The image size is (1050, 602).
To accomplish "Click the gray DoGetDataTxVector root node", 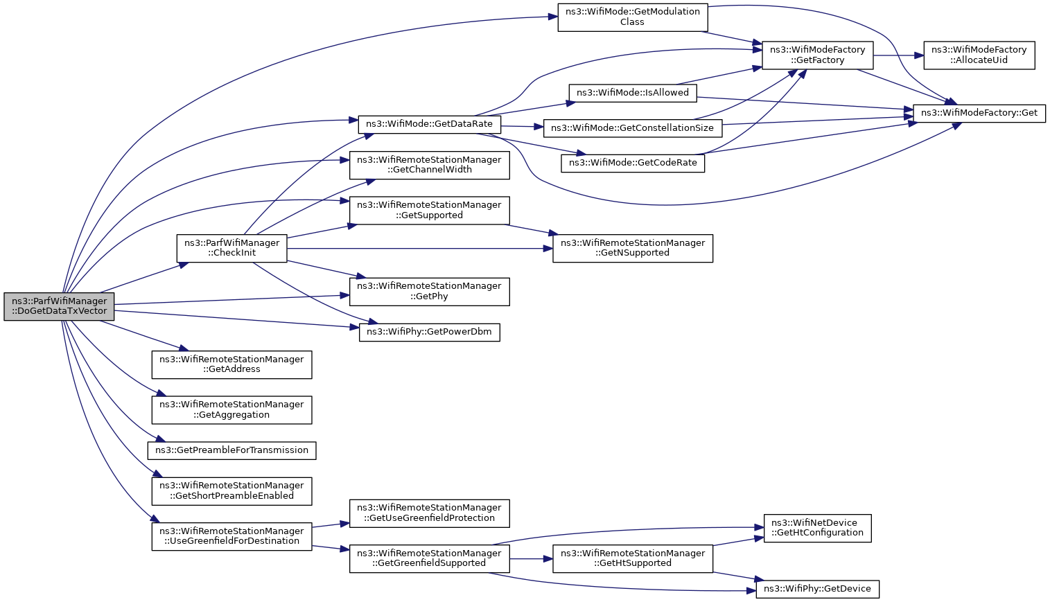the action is [59, 307].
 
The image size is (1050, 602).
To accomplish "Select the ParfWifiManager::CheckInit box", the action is [231, 248].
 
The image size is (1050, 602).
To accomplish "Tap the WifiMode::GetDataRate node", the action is [430, 124].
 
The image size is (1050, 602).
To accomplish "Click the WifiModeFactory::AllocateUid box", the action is [979, 55].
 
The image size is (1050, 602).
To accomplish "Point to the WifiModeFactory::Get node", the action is [979, 114].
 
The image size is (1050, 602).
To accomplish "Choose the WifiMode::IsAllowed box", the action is [633, 93].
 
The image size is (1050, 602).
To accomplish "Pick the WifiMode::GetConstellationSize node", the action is [633, 128].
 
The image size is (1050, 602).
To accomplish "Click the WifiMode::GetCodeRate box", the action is [633, 163].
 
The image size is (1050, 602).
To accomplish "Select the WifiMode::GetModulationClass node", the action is [633, 17].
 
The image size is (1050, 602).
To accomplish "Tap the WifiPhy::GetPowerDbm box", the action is [430, 332].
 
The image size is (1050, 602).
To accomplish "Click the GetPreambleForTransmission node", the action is [231, 451].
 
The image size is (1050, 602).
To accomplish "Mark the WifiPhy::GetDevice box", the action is [818, 589].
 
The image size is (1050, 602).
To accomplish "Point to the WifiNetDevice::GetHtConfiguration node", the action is [818, 528].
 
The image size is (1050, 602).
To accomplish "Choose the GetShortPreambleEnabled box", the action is [231, 491].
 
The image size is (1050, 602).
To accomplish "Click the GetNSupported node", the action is [633, 248].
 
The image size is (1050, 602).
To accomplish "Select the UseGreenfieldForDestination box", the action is [231, 536].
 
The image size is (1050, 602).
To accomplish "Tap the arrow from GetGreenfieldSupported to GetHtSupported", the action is [531, 559].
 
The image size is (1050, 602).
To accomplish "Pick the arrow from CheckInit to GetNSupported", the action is [420, 248].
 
